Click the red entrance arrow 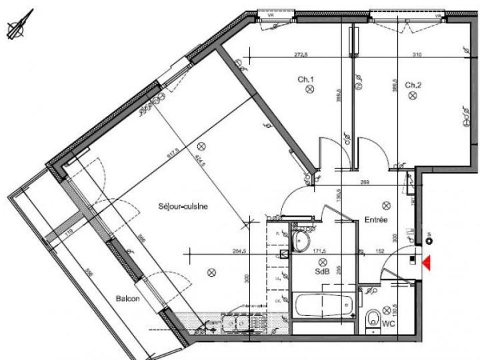click(425, 263)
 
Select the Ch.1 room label click(306, 80)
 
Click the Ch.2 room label click(413, 85)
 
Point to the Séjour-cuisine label click(183, 206)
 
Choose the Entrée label click(376, 219)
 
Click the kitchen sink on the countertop click(235, 323)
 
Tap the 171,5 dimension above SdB click(322, 251)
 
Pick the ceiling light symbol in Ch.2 click(412, 96)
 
